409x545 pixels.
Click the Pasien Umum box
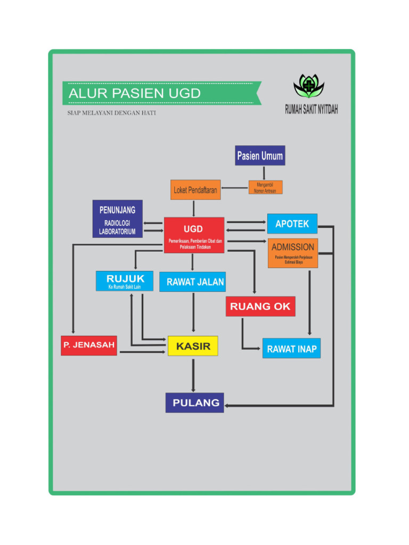click(x=260, y=156)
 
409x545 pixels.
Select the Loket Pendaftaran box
click(x=195, y=189)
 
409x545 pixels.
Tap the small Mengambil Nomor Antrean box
click(x=265, y=187)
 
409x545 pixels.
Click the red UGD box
click(x=194, y=235)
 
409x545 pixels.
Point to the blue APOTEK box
click(x=292, y=224)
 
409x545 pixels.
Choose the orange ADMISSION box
click(x=293, y=253)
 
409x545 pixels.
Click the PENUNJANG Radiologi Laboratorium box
click(x=117, y=218)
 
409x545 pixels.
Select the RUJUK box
click(x=125, y=281)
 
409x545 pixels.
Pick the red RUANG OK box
click(x=260, y=307)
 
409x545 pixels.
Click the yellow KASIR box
click(x=193, y=346)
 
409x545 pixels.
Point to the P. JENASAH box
click(x=89, y=345)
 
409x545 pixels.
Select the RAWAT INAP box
click(x=291, y=349)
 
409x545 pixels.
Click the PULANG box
click(x=194, y=402)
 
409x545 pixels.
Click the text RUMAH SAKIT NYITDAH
click(x=311, y=110)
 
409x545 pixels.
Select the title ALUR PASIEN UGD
click(x=135, y=94)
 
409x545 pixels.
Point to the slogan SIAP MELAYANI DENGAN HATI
click(x=111, y=113)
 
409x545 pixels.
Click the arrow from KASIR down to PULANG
click(x=193, y=375)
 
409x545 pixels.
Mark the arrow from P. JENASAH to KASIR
click(x=142, y=352)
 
